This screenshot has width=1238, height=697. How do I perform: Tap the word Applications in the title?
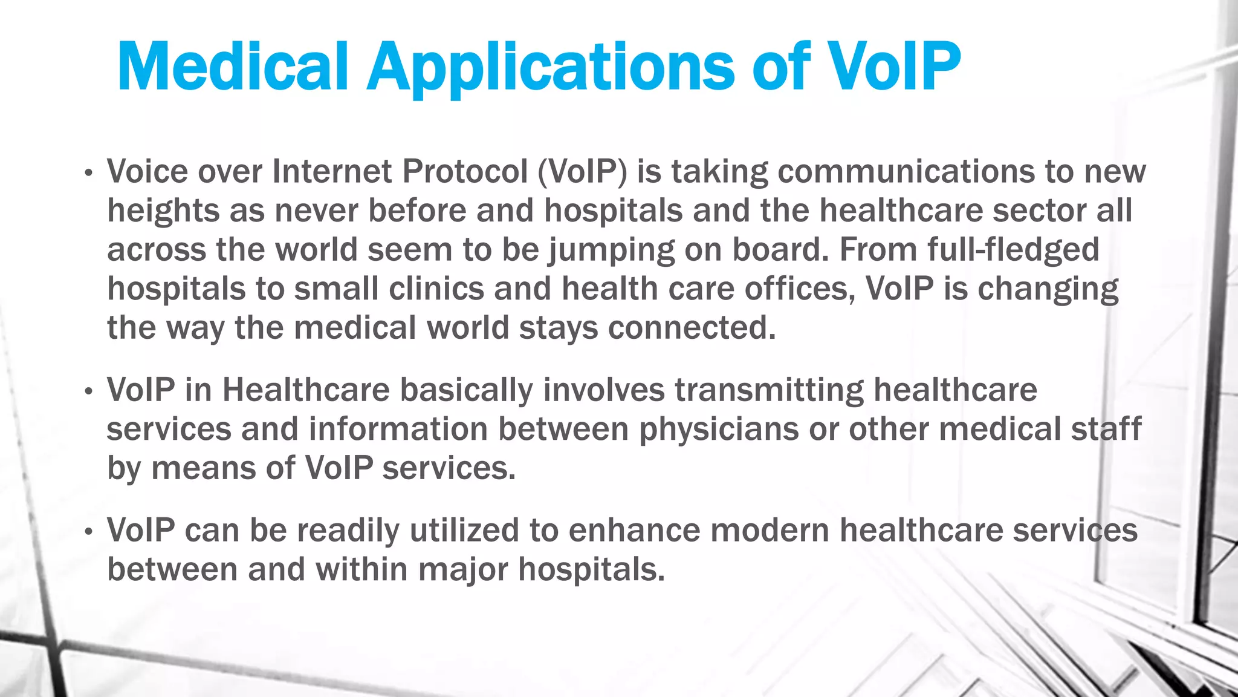[550, 68]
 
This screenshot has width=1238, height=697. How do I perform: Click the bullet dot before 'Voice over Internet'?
[89, 174]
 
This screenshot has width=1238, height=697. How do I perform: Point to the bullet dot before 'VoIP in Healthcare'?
[89, 391]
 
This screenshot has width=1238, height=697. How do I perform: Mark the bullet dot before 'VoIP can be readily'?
[89, 532]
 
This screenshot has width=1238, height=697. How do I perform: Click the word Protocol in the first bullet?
[465, 171]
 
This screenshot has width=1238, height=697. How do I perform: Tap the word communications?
[906, 172]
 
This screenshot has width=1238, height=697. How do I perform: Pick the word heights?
[163, 212]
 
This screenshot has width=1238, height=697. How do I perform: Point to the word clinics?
[436, 289]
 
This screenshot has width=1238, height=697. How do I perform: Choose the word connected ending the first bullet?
[691, 328]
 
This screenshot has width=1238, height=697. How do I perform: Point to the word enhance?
[634, 531]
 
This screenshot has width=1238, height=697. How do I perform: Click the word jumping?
[611, 250]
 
